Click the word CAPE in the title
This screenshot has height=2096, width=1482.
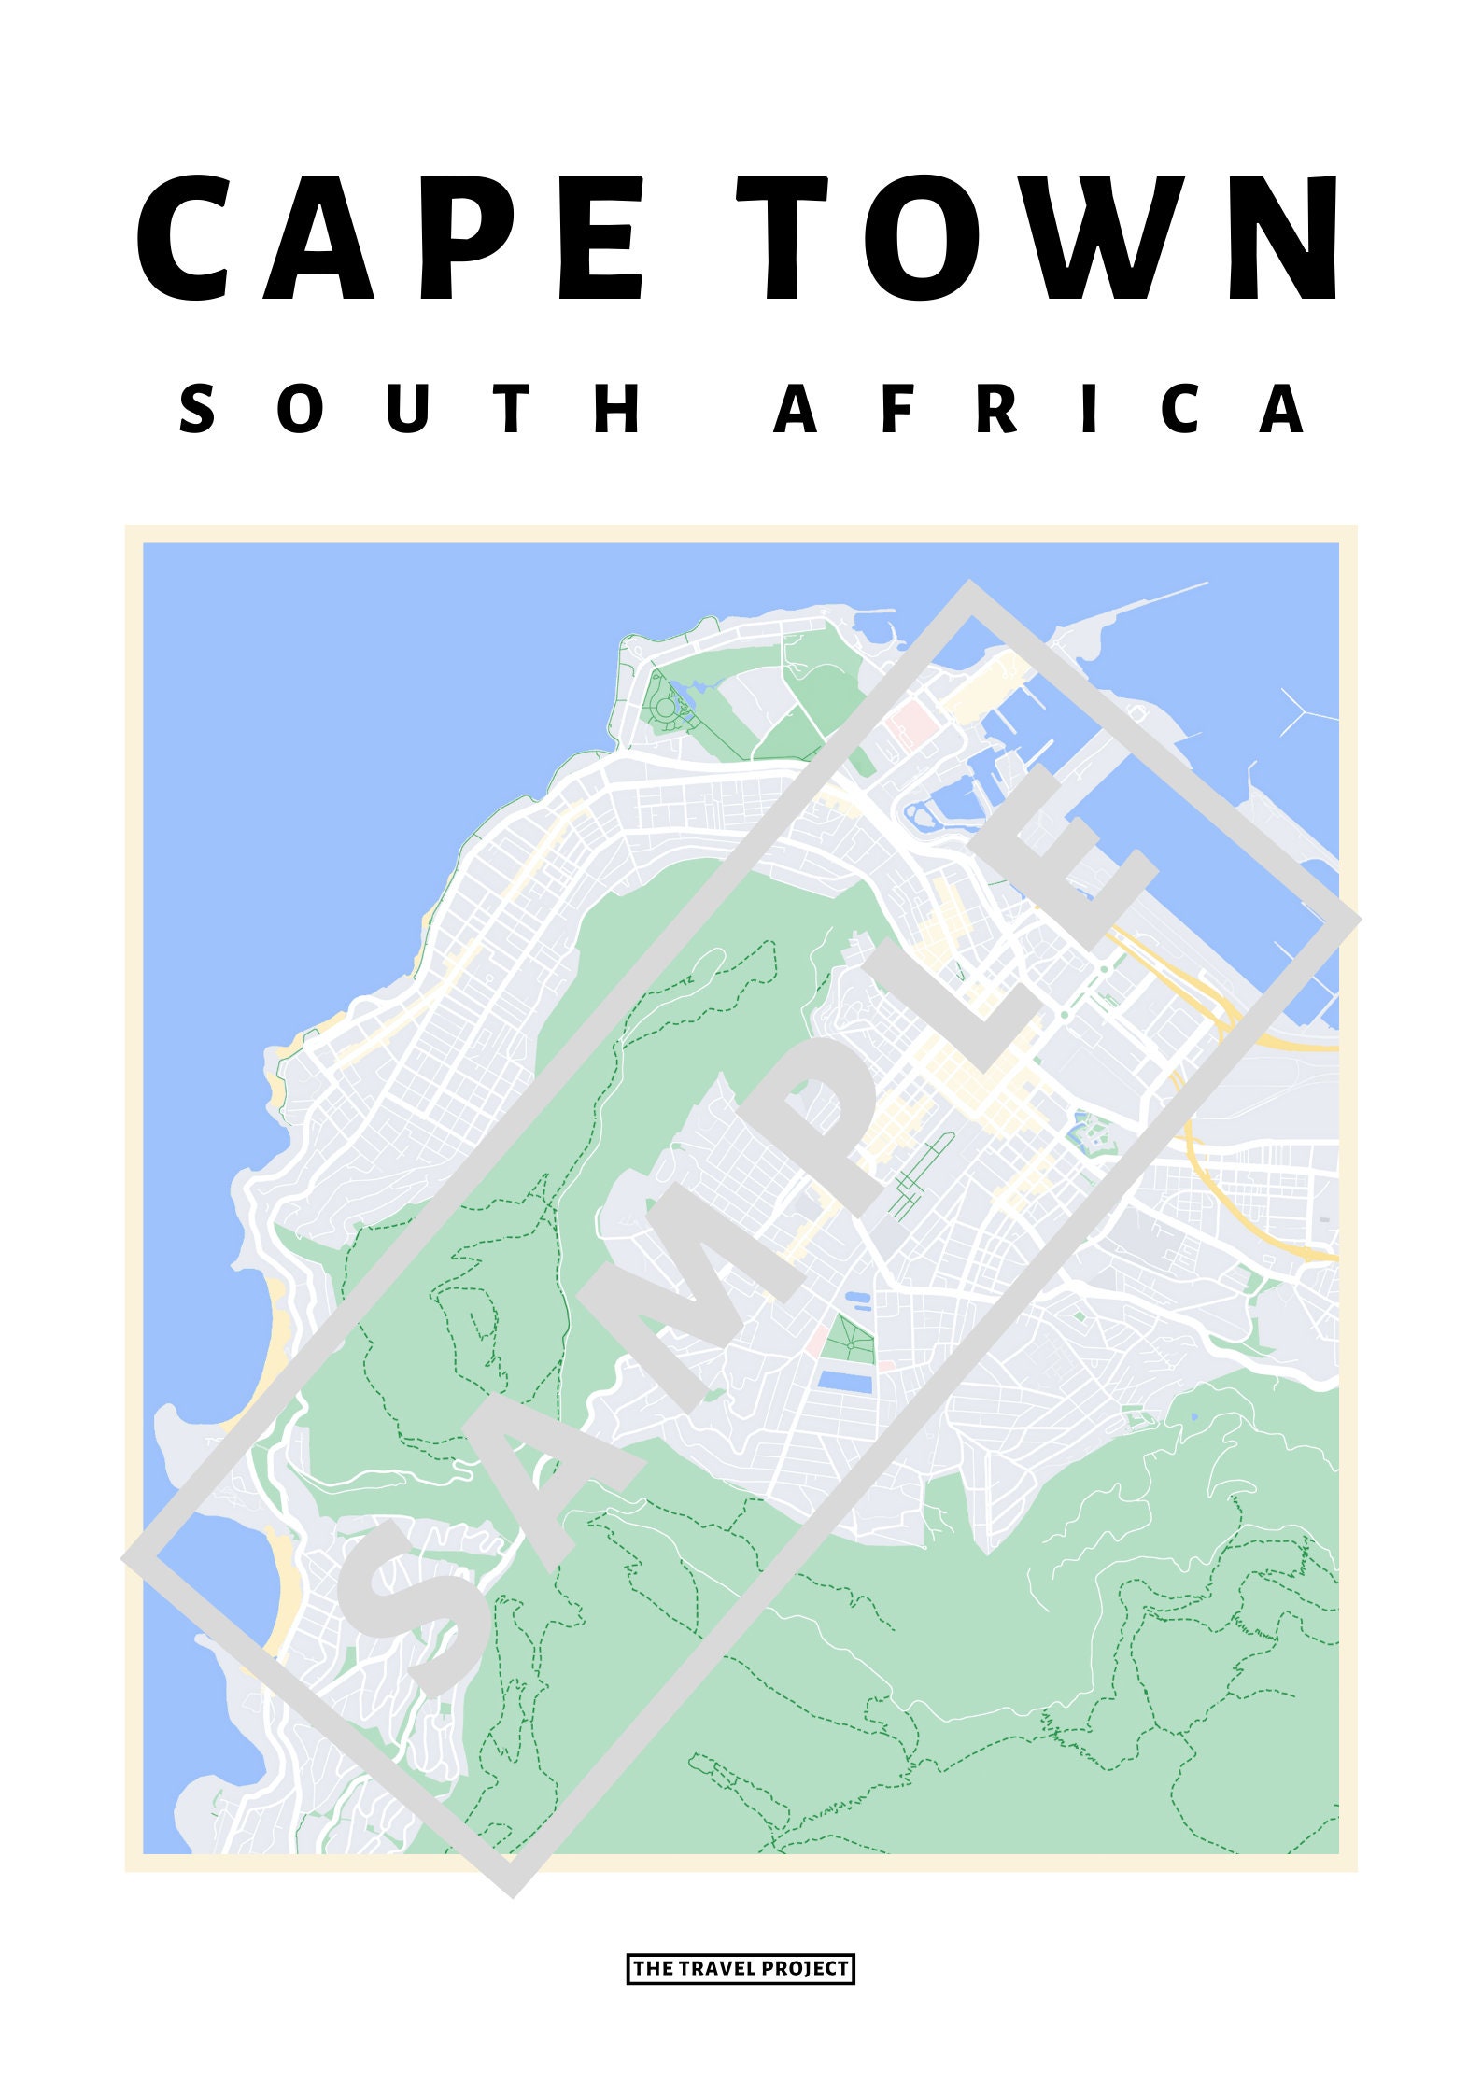(392, 239)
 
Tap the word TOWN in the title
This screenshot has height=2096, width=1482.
(1041, 239)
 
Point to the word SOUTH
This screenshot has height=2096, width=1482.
(411, 409)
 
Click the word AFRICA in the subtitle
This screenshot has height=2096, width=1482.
(1039, 409)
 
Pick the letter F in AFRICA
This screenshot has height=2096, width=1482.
(896, 409)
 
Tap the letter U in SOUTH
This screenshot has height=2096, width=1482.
(408, 409)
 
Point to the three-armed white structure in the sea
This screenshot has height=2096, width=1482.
(1303, 712)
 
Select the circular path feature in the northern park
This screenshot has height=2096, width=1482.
(666, 708)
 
